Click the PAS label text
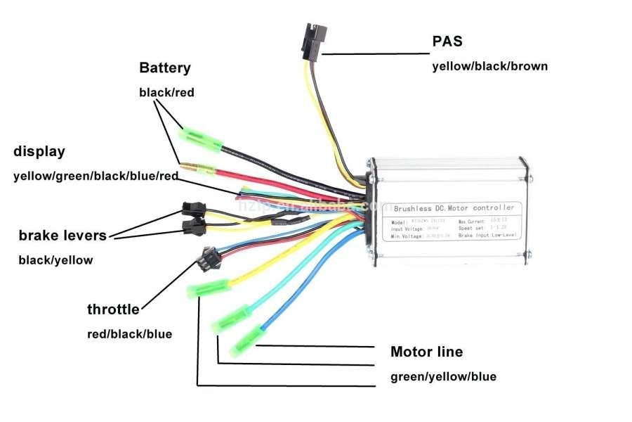[447, 41]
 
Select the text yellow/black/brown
[489, 67]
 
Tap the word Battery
[164, 68]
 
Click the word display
[39, 151]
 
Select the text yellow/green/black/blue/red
[96, 177]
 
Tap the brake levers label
[63, 236]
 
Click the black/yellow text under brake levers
[55, 260]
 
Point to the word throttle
[113, 309]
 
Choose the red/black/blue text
[129, 334]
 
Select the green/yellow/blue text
[443, 376]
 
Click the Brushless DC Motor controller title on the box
[454, 208]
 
